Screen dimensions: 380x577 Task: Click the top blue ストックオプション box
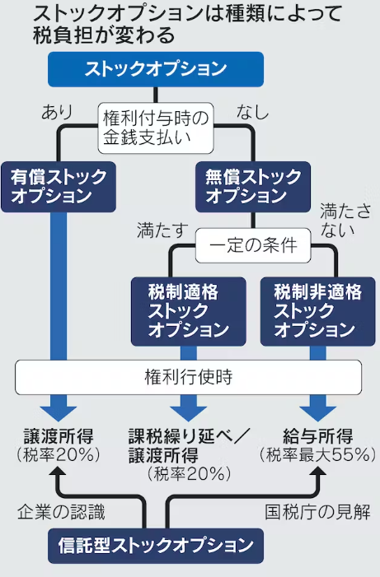[x=156, y=69]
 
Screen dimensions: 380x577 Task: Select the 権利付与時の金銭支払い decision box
[x=156, y=128]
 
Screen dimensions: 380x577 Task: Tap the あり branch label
[x=57, y=111]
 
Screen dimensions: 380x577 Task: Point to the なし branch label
[x=252, y=111]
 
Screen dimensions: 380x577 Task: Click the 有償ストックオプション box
[x=59, y=187]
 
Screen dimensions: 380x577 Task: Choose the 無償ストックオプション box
[x=253, y=187]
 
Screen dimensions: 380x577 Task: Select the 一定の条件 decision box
[x=253, y=245]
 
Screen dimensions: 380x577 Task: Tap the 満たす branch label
[x=162, y=230]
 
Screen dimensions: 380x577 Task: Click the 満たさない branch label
[x=345, y=220]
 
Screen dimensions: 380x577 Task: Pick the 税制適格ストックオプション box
[x=188, y=311]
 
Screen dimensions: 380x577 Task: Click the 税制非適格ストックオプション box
[x=317, y=311]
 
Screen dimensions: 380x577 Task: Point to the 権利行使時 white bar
[x=188, y=377]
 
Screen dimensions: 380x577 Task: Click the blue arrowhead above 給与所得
[x=317, y=414]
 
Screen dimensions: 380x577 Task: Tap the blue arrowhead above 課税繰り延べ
[x=188, y=414]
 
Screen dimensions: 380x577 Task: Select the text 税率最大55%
[x=317, y=455]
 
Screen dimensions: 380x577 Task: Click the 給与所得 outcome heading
[x=317, y=436]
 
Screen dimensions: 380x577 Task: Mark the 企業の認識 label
[x=61, y=512]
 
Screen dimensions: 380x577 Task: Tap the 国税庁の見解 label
[x=317, y=512]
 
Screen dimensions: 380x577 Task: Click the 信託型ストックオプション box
[x=156, y=546]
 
